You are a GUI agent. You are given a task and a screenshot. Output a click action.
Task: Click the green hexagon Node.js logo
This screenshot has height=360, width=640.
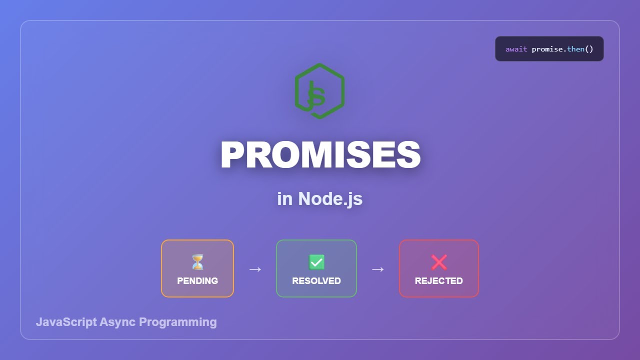(x=319, y=91)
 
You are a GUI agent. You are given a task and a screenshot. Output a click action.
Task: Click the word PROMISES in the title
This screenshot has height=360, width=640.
(x=320, y=154)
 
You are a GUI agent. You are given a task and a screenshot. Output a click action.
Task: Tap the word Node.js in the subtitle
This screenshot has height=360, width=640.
(x=330, y=198)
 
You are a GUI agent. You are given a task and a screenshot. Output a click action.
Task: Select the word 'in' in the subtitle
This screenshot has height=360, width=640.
(x=284, y=198)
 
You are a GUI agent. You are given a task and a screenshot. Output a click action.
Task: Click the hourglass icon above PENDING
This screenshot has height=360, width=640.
(x=197, y=262)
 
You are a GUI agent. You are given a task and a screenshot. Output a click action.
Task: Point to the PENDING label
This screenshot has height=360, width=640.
(x=197, y=280)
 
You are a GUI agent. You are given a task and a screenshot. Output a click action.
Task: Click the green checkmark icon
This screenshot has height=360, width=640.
(x=316, y=262)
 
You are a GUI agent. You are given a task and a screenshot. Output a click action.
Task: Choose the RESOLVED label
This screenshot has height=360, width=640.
(x=316, y=280)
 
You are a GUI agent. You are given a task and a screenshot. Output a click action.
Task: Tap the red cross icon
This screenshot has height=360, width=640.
(x=439, y=262)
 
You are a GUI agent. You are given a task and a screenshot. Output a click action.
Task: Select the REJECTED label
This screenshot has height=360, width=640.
(x=439, y=280)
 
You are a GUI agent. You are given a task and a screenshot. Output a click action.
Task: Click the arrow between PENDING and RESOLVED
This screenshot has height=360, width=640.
(x=255, y=269)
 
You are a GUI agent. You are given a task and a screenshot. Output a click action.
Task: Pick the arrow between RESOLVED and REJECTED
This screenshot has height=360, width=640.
(x=377, y=269)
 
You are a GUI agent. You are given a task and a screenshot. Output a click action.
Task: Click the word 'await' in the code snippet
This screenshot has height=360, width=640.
(x=516, y=49)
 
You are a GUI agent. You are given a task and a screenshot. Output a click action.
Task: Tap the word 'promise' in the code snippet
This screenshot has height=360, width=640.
(x=547, y=49)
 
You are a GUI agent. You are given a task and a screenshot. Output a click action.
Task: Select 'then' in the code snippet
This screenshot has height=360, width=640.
(x=575, y=49)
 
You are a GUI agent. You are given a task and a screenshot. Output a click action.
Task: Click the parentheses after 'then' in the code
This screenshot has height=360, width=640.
(x=588, y=49)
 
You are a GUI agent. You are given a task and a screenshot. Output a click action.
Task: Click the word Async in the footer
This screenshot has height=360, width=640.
(x=117, y=322)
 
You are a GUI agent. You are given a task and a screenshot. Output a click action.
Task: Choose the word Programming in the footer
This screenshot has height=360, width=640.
(x=177, y=322)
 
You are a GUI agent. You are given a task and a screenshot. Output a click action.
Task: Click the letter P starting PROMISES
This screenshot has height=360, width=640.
(x=233, y=155)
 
